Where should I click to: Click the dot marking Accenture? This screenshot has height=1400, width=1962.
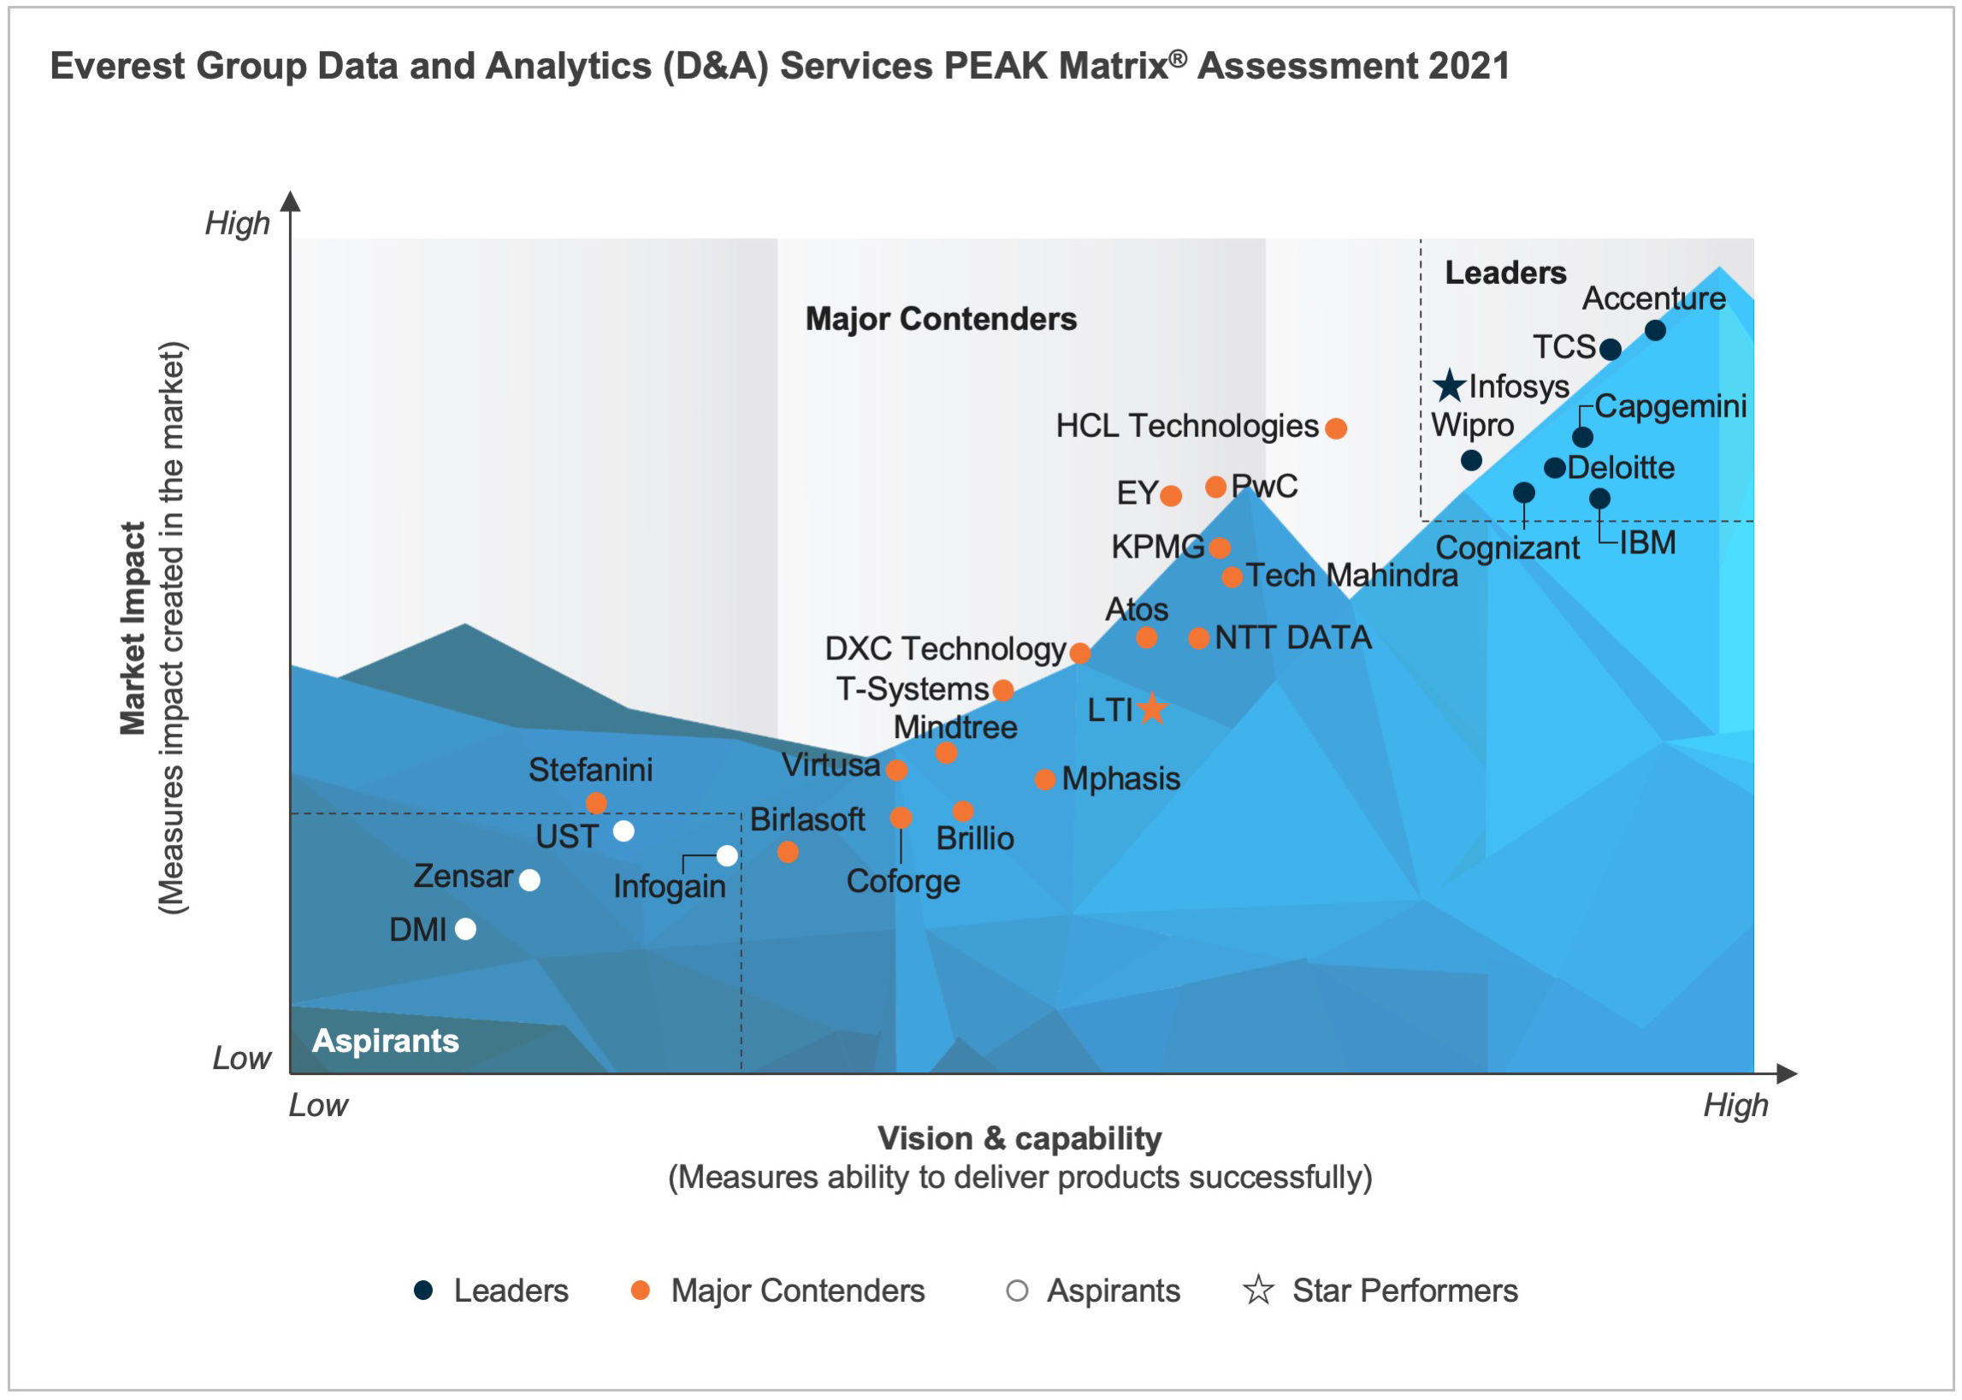(x=1654, y=330)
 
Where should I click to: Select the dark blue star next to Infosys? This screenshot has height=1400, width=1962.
(x=1450, y=387)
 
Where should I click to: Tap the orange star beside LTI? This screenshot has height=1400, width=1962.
(x=1152, y=710)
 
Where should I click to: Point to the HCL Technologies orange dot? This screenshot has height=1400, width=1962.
(x=1336, y=428)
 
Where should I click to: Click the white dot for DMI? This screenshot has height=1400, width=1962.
(x=465, y=929)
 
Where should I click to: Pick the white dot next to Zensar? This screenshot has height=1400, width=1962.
(x=529, y=880)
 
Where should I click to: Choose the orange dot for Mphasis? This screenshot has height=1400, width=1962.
(x=1045, y=780)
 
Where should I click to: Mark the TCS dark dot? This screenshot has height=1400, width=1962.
(x=1610, y=349)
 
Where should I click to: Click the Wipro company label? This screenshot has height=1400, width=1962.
(x=1473, y=425)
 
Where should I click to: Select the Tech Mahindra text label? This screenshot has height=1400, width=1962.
(x=1351, y=575)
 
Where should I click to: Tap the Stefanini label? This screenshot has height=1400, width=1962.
(x=590, y=770)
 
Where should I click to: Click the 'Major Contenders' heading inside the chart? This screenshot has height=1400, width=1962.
(x=941, y=319)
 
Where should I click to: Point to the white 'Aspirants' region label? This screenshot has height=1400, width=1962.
(x=386, y=1041)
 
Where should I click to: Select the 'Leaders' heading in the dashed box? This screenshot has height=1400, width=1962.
(x=1505, y=273)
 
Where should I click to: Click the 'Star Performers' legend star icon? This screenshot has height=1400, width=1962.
(x=1258, y=1291)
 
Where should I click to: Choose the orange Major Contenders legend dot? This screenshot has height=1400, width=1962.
(x=640, y=1290)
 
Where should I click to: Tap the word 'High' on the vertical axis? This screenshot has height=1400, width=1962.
(x=237, y=223)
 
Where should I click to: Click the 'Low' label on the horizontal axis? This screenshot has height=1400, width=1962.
(x=318, y=1105)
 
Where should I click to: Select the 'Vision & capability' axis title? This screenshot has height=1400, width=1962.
(x=1019, y=1139)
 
